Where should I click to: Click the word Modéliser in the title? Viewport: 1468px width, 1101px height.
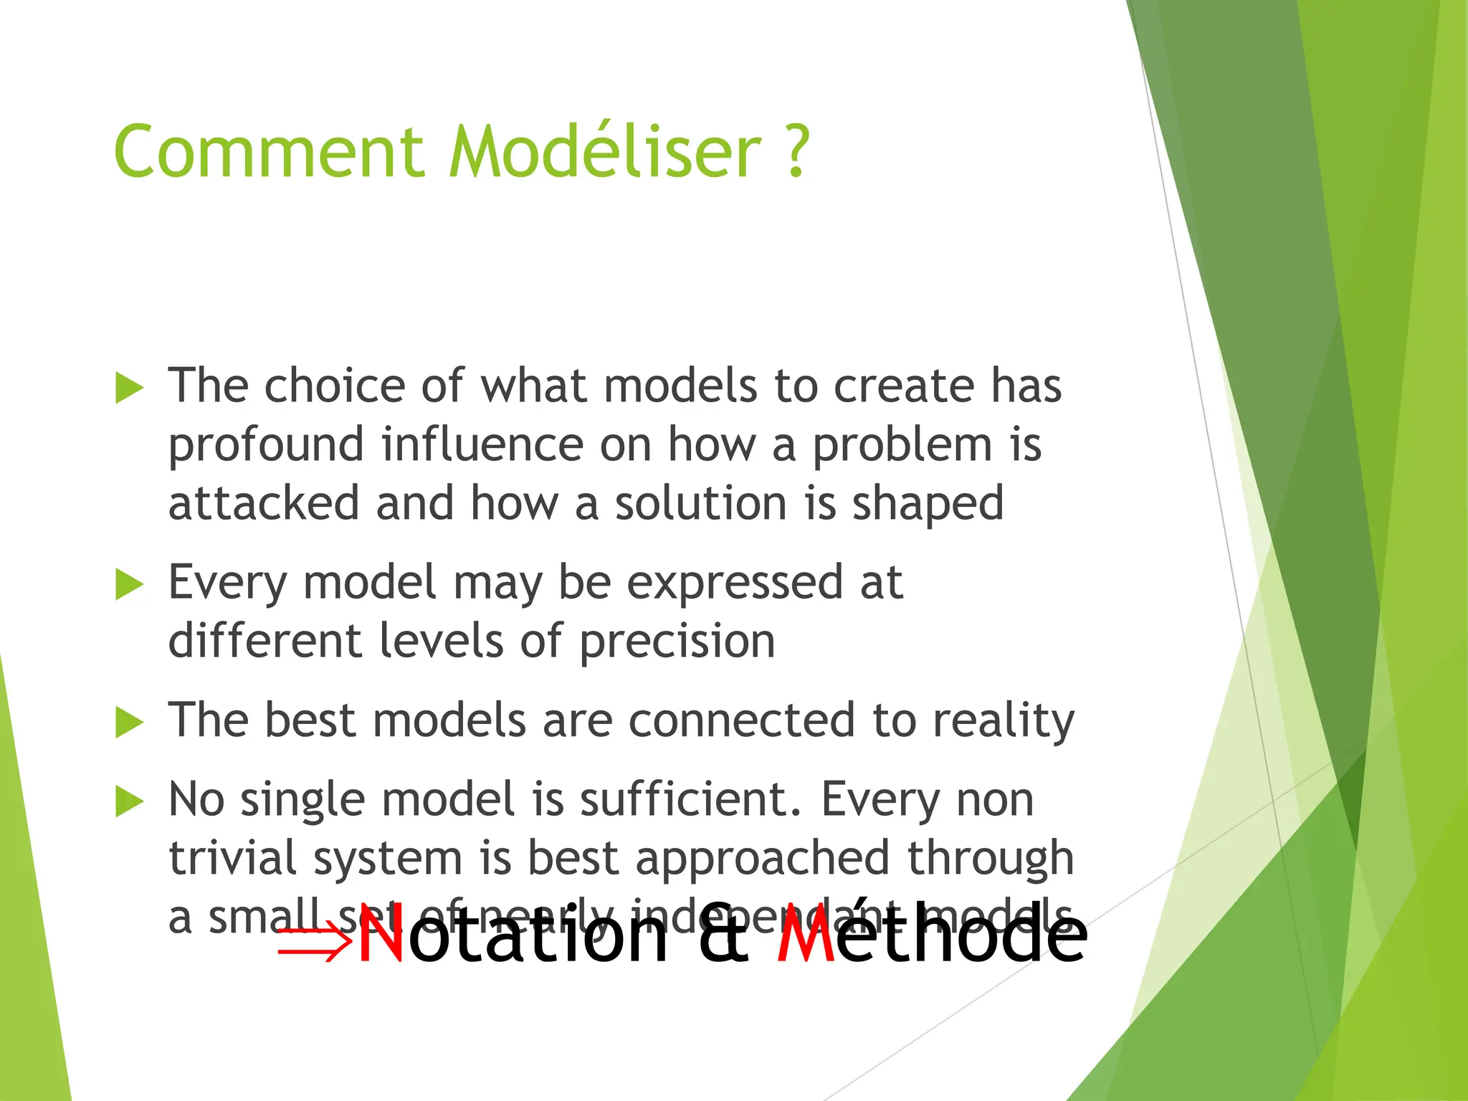605,152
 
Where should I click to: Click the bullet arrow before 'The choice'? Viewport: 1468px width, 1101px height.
130,389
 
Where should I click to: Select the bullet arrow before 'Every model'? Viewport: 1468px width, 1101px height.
130,585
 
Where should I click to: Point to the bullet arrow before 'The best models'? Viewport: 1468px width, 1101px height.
130,723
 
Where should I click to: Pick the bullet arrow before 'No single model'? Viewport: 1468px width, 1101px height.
130,801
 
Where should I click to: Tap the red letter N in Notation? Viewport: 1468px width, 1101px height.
382,936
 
